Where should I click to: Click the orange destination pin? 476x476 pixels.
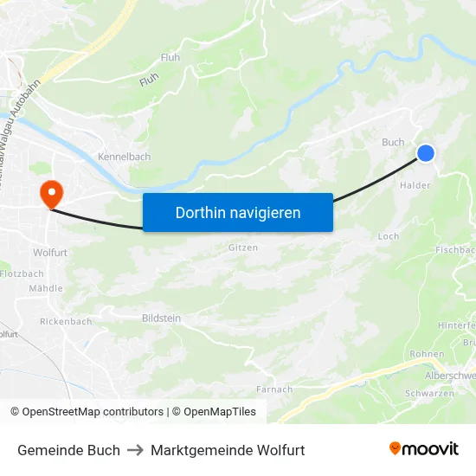51,194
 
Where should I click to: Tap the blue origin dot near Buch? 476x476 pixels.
425,153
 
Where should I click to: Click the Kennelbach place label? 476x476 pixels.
124,157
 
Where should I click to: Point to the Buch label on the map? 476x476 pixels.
393,143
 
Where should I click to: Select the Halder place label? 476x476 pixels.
415,185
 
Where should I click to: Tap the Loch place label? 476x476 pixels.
389,236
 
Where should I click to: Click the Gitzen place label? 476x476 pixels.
243,247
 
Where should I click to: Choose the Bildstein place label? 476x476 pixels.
161,318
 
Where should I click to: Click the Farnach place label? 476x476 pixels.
274,389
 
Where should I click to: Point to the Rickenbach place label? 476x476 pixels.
66,321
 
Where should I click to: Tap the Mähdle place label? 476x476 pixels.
46,288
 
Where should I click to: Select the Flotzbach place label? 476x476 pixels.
21,273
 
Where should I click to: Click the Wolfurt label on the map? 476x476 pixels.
49,253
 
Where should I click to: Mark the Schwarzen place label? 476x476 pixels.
429,393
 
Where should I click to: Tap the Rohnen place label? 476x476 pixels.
427,354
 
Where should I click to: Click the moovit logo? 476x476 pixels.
424,449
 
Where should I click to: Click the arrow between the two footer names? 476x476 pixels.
135,450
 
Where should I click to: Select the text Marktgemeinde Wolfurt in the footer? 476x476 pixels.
228,450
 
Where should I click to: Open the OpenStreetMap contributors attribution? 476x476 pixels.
93,412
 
